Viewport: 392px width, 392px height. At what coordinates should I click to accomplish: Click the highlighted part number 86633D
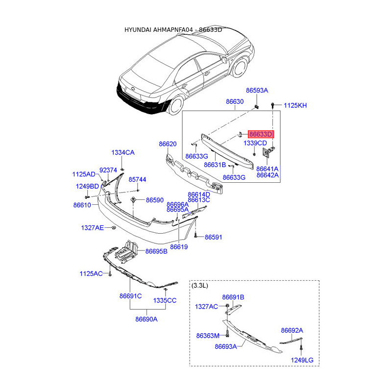point(261,134)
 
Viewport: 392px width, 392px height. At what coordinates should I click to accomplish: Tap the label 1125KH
point(295,105)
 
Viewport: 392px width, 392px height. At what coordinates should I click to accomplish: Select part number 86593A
point(257,91)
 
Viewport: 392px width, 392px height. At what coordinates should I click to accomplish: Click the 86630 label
point(235,102)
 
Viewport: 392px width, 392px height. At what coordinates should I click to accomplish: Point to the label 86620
point(167,144)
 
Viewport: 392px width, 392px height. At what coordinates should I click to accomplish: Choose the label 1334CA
point(122,153)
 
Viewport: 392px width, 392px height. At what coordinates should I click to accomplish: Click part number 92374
point(108,170)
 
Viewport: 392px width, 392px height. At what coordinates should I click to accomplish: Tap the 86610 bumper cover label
point(82,205)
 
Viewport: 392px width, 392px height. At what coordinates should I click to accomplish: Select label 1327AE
point(93,228)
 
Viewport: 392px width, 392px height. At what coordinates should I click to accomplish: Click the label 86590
point(154,200)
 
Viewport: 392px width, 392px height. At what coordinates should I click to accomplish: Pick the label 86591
point(214,237)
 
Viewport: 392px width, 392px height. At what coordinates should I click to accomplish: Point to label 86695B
point(156,251)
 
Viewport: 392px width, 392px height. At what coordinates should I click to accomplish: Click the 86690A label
point(147,319)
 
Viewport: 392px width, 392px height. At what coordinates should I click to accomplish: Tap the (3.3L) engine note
point(200,285)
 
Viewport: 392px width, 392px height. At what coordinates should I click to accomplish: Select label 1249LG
point(302,361)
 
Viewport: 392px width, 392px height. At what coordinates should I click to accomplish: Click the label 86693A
point(225,346)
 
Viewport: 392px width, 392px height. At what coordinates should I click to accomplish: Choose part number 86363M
point(207,336)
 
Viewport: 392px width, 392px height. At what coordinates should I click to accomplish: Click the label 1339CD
point(255,143)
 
